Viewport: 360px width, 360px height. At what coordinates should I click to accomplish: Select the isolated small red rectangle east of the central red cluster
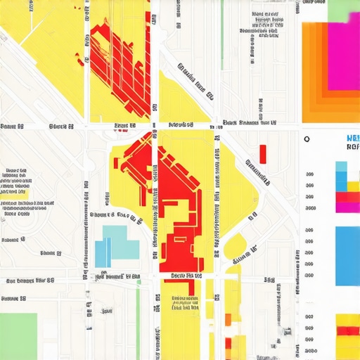tap(263, 153)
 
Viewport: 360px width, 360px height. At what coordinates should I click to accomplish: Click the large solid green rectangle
tap(18, 336)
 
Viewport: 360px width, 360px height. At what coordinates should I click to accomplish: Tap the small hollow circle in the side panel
tap(307, 139)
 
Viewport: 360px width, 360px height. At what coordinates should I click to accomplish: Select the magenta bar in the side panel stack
tap(347, 207)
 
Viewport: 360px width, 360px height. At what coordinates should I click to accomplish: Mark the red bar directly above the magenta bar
tap(347, 197)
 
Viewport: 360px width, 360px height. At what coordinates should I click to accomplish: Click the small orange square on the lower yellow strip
tap(228, 319)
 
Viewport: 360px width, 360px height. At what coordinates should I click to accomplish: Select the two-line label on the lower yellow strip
tap(185, 302)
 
